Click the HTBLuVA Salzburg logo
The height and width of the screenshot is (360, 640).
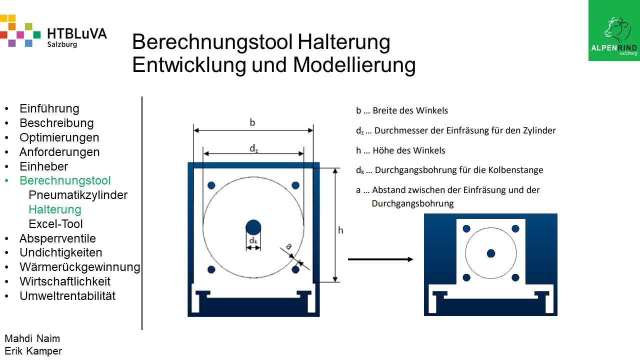53,31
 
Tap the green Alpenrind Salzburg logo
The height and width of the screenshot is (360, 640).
614,30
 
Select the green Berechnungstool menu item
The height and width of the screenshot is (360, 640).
65,180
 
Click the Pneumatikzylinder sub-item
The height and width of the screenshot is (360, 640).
78,195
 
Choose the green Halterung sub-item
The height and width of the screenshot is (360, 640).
55,209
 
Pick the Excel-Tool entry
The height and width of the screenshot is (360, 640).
55,224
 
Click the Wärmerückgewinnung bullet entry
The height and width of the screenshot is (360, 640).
80,267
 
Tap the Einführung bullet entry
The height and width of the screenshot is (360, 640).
49,108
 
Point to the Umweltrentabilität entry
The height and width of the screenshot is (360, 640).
67,296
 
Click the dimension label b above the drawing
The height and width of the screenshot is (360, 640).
252,122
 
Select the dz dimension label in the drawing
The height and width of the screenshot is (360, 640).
253,148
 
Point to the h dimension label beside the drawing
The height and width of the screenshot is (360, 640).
340,230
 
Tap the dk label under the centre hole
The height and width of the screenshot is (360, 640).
253,240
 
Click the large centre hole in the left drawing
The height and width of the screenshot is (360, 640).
253,227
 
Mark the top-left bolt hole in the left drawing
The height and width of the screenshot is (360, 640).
211,185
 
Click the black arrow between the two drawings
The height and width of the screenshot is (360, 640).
380,259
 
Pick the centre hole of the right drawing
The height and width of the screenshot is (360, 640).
491,253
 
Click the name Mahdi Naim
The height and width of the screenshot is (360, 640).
32,338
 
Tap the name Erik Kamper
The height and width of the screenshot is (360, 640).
33,351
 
